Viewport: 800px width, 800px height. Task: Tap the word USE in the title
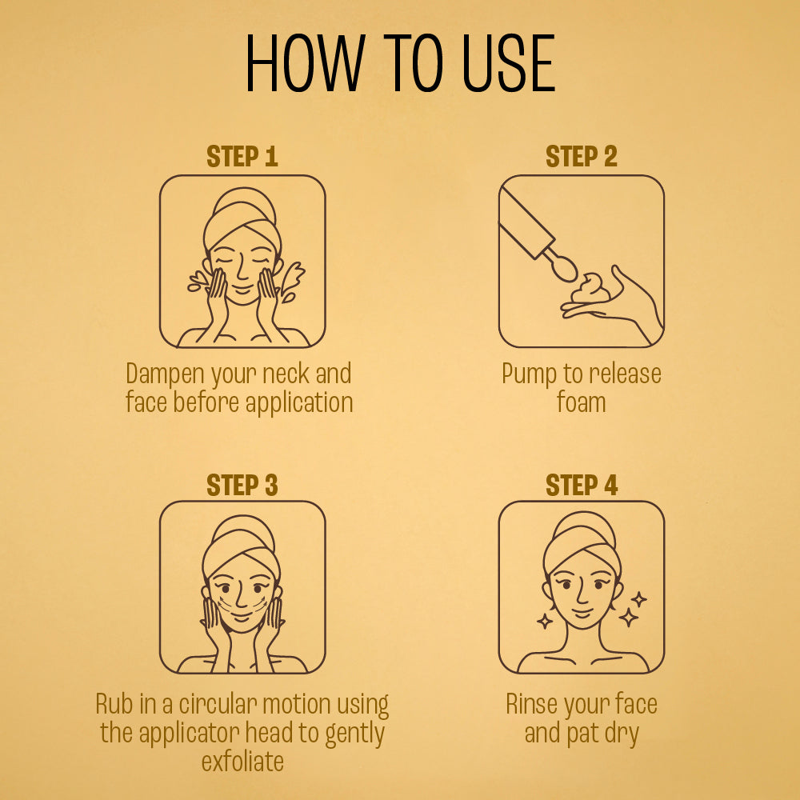coord(508,62)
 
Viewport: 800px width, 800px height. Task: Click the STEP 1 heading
coord(242,156)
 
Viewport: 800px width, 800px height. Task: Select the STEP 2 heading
coord(581,156)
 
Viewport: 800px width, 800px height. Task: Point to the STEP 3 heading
coord(242,485)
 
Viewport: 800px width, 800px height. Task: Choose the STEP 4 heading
coord(581,485)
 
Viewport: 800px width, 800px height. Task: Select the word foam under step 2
coord(581,402)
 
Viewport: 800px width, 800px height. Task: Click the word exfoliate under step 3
coord(242,762)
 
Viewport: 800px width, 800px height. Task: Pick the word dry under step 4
coord(622,734)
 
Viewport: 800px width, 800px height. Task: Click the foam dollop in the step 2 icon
coord(590,289)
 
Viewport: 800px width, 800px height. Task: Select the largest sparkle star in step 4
coord(629,618)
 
